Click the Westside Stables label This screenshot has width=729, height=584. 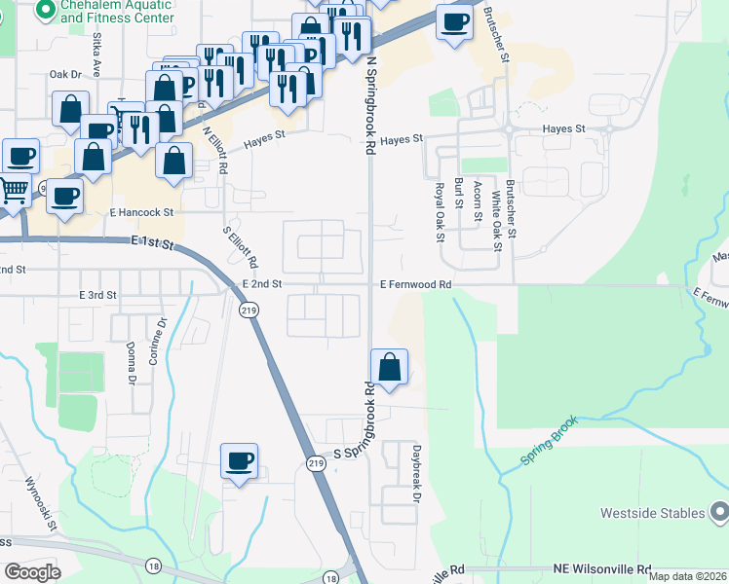tap(651, 513)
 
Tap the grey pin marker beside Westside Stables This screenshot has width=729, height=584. tap(719, 511)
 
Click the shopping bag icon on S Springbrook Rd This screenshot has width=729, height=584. tap(389, 367)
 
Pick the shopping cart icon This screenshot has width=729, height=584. tap(13, 190)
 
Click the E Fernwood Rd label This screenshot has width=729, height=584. tap(416, 284)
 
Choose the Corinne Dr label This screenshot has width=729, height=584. tap(152, 342)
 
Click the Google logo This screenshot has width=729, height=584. tap(32, 571)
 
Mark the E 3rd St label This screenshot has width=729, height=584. tap(98, 294)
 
